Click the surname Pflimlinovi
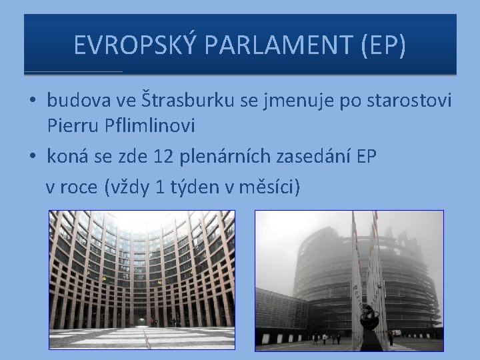142,124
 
